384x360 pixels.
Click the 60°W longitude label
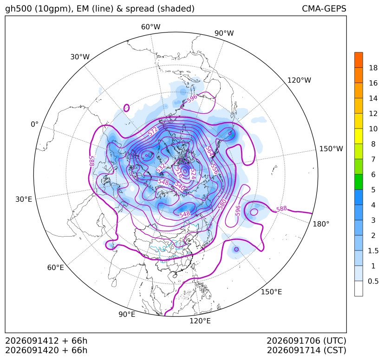click(x=150, y=27)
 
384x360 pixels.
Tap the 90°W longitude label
click(x=224, y=33)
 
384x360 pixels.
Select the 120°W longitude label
click(x=299, y=80)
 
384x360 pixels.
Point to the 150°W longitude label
click(x=331, y=148)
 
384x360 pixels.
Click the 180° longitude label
click(x=321, y=224)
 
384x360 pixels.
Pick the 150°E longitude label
click(x=271, y=292)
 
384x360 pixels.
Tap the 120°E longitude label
click(x=200, y=321)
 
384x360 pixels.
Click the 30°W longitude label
click(x=80, y=57)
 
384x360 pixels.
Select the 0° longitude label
click(x=34, y=124)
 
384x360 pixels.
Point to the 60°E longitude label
click(x=56, y=268)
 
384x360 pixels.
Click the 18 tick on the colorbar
click(x=373, y=68)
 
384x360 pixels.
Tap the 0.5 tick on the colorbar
click(x=373, y=281)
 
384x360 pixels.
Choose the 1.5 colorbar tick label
click(x=373, y=251)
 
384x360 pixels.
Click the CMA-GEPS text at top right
click(x=324, y=8)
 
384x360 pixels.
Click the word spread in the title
click(x=139, y=9)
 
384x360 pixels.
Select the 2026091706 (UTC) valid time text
click(x=306, y=341)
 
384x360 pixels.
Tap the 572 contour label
click(x=153, y=131)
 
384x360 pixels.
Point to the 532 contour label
click(x=161, y=167)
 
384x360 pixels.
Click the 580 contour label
click(x=222, y=204)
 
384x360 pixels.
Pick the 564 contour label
click(x=209, y=151)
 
